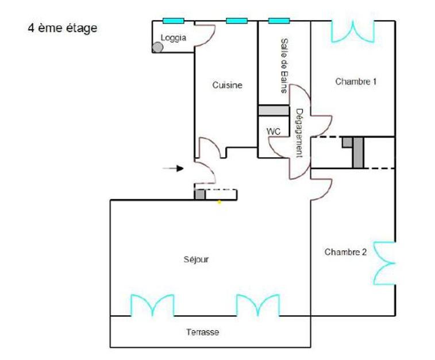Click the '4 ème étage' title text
click(63, 28)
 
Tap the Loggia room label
click(173, 38)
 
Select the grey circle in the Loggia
click(157, 48)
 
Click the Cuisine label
click(227, 85)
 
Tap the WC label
click(274, 131)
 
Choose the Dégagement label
click(299, 133)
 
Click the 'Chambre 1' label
click(356, 82)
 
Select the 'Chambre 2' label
click(345, 251)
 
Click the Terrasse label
click(202, 332)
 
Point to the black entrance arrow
click(172, 168)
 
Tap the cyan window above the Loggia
click(173, 21)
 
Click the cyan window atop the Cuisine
click(237, 21)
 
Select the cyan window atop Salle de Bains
click(279, 21)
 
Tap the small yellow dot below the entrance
click(219, 202)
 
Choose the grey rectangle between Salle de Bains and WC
click(274, 110)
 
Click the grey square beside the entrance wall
click(199, 195)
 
